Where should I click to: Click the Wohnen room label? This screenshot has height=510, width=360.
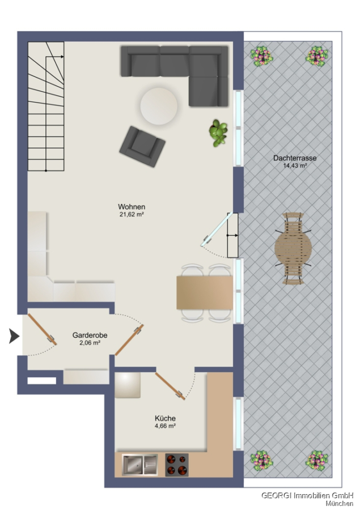coord(132,207)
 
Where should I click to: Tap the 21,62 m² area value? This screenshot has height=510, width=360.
coord(132,215)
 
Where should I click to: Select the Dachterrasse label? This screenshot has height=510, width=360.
coord(295,159)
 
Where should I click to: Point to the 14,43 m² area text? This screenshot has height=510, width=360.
coord(295,165)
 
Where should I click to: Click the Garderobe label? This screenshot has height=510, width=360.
coord(90,335)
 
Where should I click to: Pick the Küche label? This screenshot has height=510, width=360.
coord(166,419)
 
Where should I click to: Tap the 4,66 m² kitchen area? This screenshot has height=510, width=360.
coord(166,426)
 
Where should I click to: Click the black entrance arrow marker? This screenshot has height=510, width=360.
coord(14,336)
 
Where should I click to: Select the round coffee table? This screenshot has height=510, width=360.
coord(159,106)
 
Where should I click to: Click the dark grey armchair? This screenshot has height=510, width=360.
coord(142,146)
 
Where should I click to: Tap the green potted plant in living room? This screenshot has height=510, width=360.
coord(218,133)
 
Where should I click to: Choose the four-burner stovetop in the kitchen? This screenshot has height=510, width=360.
coord(177,465)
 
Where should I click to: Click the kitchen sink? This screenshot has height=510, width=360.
coord(139,465)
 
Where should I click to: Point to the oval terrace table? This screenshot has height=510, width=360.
coord(293,249)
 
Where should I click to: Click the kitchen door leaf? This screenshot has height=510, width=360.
coord(170,386)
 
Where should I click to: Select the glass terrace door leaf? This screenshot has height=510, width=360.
coord(217,229)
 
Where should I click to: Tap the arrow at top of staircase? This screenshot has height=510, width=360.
coord(54,57)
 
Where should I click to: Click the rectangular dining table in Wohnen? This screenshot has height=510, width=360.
coord(205,293)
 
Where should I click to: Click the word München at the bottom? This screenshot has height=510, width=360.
coord(340,504)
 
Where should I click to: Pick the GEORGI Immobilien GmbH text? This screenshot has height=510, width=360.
coord(307,496)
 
